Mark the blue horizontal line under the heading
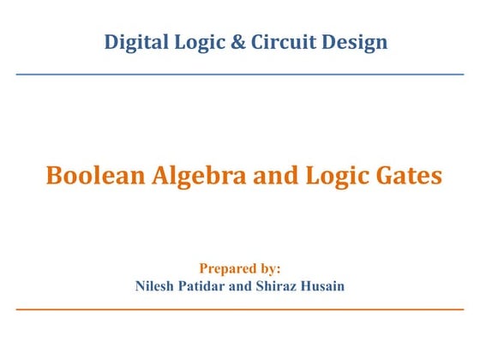click(240, 75)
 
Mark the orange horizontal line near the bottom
click(240, 309)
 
